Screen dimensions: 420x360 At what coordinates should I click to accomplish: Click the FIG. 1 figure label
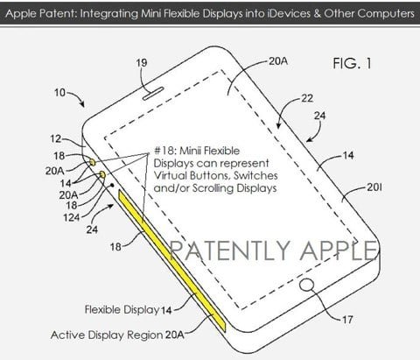353,63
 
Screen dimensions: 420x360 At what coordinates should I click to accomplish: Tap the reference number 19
142,63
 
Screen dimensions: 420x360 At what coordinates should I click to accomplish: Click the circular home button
307,285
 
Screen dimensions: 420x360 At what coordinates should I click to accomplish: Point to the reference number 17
347,320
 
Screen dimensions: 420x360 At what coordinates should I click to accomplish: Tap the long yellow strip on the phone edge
171,261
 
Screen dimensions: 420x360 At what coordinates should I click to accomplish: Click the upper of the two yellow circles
93,162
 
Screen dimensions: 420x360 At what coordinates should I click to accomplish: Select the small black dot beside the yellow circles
112,185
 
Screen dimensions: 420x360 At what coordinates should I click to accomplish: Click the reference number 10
59,93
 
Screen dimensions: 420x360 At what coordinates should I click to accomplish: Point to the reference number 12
55,138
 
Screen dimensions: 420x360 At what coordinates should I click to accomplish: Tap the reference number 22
307,98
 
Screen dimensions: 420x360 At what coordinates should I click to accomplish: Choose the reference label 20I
374,187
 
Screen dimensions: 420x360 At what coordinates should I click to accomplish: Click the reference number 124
72,217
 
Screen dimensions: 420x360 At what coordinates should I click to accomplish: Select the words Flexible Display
122,309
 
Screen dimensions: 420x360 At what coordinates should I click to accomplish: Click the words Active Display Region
107,335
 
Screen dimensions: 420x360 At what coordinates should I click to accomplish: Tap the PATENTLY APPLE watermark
273,251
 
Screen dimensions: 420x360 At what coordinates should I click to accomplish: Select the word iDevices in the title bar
289,13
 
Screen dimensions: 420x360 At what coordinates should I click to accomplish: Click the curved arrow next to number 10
78,97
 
